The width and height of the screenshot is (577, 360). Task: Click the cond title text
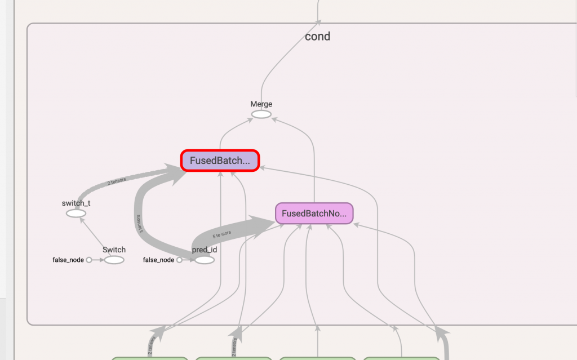[317, 37]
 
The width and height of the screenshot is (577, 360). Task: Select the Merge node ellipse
[261, 114]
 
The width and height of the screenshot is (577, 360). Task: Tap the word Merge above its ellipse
[261, 104]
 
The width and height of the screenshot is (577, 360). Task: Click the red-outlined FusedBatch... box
[220, 161]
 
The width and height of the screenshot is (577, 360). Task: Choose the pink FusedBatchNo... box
[314, 214]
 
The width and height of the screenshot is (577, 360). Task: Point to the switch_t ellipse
[76, 214]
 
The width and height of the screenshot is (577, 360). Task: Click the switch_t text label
[76, 203]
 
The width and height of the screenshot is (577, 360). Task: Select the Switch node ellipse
[114, 260]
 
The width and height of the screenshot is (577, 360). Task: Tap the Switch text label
[114, 250]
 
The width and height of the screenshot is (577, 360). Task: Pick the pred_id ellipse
[203, 260]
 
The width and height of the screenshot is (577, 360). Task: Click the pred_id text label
[203, 250]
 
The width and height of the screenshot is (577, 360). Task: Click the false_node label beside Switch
[68, 260]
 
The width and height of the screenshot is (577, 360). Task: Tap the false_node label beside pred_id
[159, 260]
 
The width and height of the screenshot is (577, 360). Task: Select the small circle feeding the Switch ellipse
[89, 260]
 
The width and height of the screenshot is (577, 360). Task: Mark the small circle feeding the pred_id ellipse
[179, 260]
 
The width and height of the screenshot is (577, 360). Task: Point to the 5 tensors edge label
[221, 234]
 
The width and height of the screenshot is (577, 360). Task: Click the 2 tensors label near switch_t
[117, 181]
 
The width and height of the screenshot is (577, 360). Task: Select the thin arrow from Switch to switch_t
[95, 237]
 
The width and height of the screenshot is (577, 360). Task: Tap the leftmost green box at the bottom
[149, 358]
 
